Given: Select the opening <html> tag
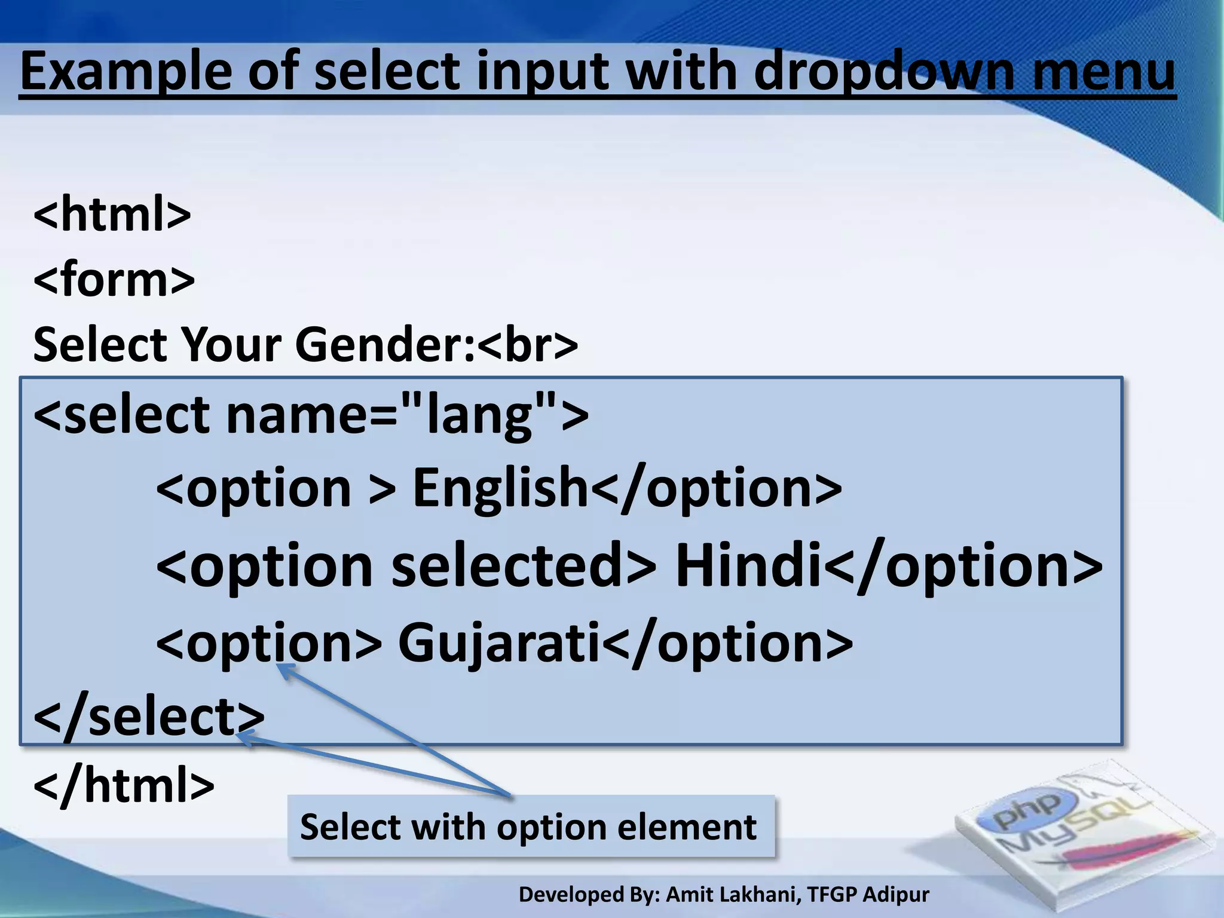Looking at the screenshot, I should coord(112,214).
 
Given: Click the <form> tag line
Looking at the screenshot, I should coord(114,279).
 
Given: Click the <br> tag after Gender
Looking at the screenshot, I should coord(527,345).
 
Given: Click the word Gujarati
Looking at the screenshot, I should coord(499,642).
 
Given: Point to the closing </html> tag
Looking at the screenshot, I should coord(124,785).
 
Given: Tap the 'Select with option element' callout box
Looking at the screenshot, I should coord(530,827).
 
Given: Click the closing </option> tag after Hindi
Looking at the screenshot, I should coord(962,565).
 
